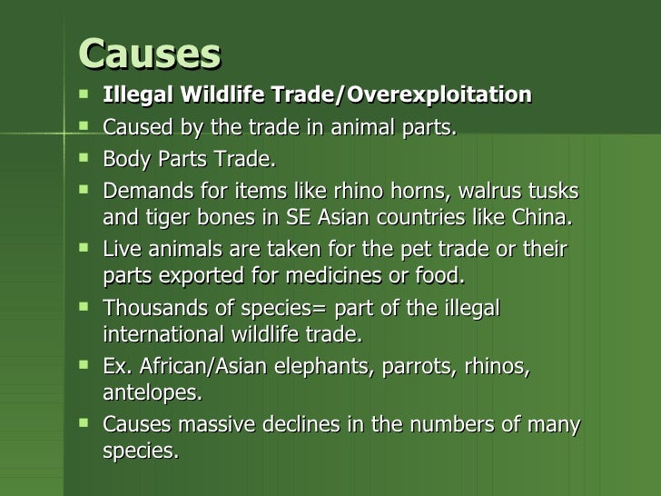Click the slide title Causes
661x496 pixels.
[x=150, y=55]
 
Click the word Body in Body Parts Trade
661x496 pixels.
[x=123, y=161]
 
